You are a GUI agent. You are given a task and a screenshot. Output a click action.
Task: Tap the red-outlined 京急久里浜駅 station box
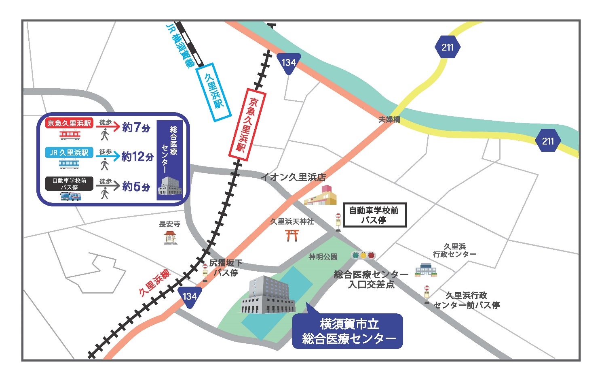[247, 123]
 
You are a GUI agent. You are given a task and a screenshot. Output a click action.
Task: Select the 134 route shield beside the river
[289, 63]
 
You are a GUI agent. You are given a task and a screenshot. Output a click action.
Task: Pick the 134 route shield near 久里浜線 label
[190, 297]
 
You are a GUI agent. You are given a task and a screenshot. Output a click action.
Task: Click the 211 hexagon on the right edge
[548, 141]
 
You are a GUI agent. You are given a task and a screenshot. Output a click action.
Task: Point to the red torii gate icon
[291, 235]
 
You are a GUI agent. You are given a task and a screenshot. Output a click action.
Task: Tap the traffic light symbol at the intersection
[363, 255]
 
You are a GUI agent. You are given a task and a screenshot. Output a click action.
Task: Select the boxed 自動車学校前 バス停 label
[374, 215]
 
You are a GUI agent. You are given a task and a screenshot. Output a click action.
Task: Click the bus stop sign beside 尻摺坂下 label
[205, 272]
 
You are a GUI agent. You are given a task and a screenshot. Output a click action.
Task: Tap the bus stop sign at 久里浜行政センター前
[427, 294]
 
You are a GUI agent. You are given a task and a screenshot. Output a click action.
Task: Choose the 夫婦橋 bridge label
[389, 119]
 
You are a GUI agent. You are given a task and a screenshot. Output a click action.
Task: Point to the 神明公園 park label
[323, 257]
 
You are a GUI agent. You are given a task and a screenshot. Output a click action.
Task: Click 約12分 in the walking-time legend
[137, 157]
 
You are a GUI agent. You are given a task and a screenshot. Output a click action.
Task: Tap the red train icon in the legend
[70, 135]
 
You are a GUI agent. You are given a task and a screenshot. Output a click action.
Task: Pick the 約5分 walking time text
[136, 187]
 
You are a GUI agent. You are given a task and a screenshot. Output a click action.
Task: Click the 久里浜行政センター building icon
[426, 270]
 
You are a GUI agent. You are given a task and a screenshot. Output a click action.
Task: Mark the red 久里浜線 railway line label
[154, 282]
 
